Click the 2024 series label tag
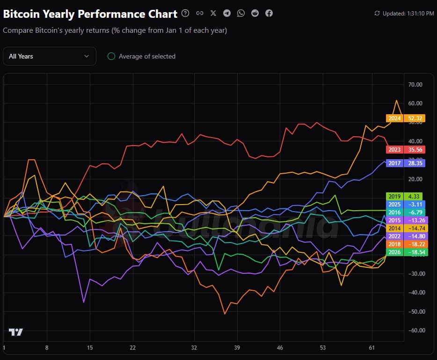tap(405, 118)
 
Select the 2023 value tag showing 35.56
tap(405, 150)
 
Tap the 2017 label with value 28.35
tap(405, 163)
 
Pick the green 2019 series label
tap(404, 197)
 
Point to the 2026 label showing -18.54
tap(405, 252)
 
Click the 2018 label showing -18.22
tap(405, 244)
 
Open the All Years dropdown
tap(49, 56)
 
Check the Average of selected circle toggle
tap(111, 56)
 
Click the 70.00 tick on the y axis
tap(415, 85)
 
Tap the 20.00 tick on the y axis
tap(415, 179)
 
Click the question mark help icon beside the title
tap(185, 13)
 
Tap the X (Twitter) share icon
tap(213, 13)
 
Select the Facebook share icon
tap(269, 13)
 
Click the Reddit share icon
tap(255, 13)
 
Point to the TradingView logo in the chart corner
tap(16, 332)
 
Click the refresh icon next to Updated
tap(377, 14)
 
